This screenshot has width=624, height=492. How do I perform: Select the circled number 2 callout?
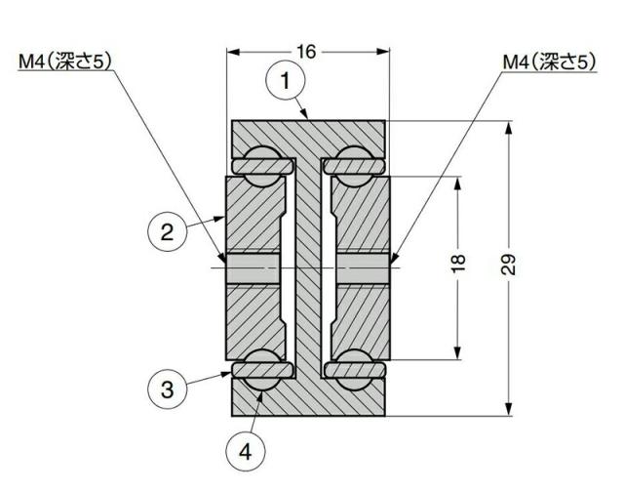pyautogui.click(x=167, y=232)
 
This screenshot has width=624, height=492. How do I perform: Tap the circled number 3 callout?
pyautogui.click(x=167, y=389)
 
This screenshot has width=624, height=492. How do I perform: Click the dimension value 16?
pyautogui.click(x=306, y=52)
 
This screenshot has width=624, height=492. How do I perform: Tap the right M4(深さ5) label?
pyautogui.click(x=548, y=61)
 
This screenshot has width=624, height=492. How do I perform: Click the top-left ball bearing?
pyautogui.click(x=261, y=159)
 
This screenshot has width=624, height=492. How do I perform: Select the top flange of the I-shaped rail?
pyautogui.click(x=308, y=134)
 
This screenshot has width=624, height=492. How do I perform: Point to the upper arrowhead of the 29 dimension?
pyautogui.click(x=507, y=126)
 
